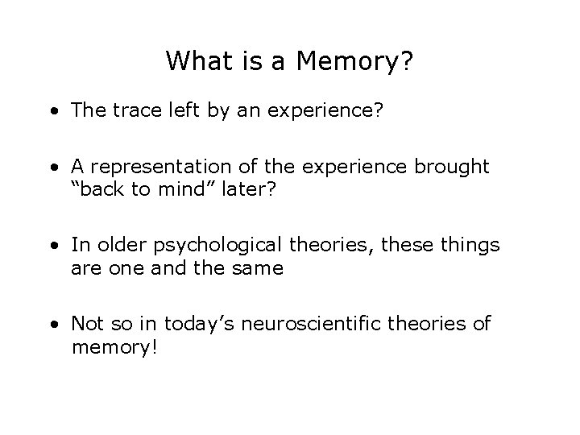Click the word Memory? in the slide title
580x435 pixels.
[x=358, y=62]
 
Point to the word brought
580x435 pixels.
[x=452, y=166]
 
